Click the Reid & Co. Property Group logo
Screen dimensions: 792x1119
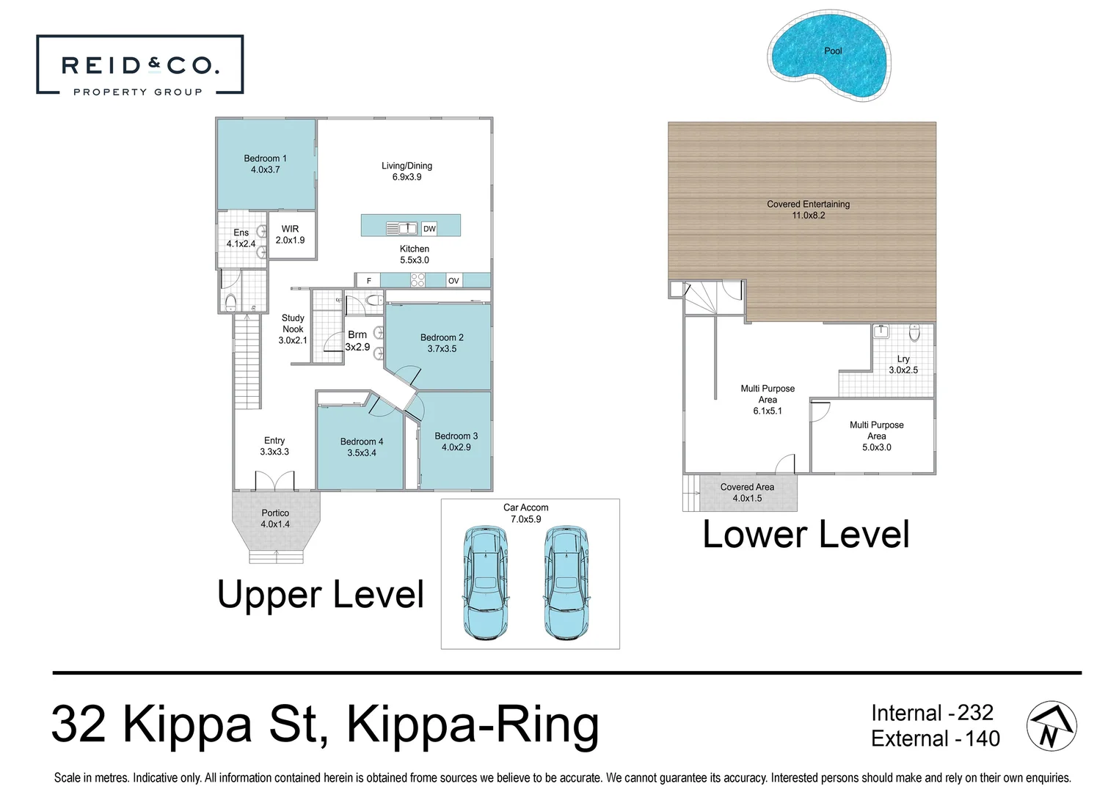139,65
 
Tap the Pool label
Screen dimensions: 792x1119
833,51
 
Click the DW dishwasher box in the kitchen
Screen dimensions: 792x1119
429,229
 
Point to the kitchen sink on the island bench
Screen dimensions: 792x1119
401,229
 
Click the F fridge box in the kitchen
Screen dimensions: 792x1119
368,281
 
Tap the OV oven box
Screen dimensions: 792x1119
453,281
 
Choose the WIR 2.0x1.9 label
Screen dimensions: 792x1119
290,235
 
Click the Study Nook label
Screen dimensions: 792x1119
293,323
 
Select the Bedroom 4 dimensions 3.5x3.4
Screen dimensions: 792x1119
362,453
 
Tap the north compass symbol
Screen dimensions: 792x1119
1051,726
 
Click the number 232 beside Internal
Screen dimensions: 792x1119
974,713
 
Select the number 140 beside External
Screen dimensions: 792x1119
982,738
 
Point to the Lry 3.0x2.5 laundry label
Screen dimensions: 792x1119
903,364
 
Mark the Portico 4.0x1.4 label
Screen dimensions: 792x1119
275,518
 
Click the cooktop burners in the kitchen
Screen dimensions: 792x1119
418,280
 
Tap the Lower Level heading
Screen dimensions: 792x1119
806,534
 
